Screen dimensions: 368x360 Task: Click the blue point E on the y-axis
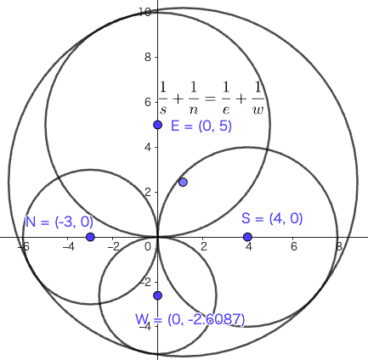click(x=158, y=125)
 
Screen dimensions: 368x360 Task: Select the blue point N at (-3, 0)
click(x=90, y=237)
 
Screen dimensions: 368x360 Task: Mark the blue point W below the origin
click(x=158, y=295)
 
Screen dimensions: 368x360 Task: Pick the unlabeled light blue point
click(x=183, y=182)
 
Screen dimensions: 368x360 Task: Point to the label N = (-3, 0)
click(x=59, y=222)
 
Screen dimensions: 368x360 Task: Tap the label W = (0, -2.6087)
click(x=190, y=320)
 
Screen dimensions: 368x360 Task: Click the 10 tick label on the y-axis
click(x=144, y=13)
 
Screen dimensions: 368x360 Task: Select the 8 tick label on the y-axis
click(x=148, y=58)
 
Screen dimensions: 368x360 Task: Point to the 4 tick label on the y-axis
click(x=148, y=147)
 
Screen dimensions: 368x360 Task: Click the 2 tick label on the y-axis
click(x=148, y=192)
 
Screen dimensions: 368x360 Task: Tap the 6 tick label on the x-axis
click(x=293, y=247)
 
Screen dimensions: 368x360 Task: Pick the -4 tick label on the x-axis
click(x=68, y=247)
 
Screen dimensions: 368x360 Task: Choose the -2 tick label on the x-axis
click(x=113, y=247)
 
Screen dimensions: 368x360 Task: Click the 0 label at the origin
click(x=148, y=247)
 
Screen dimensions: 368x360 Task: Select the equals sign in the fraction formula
click(x=209, y=98)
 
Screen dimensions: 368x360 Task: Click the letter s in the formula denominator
click(x=163, y=110)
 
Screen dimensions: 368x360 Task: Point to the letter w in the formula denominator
click(x=258, y=110)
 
